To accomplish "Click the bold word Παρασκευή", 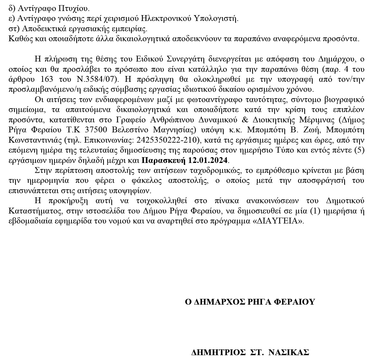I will point(162,160).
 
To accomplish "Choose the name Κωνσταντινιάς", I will point(35,140).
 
